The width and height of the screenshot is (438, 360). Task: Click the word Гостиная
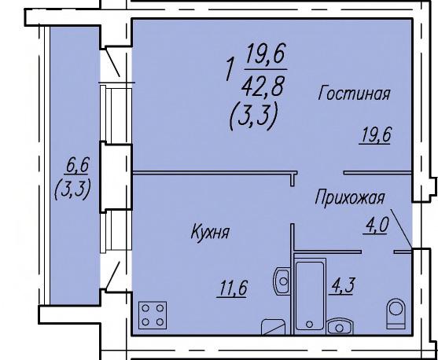pos(354,94)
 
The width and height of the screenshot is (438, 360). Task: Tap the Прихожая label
pos(350,198)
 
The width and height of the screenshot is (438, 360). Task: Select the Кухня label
pos(210,232)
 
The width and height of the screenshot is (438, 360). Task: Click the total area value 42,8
pos(263,86)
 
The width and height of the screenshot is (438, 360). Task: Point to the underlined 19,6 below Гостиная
pos(374,135)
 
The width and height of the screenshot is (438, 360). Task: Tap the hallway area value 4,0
pos(376,226)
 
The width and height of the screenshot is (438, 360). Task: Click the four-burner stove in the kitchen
pos(153,315)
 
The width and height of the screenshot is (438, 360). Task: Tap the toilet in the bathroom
pos(396,313)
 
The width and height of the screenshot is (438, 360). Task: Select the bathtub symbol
pos(310,295)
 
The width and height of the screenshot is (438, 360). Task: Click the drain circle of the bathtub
pos(309,324)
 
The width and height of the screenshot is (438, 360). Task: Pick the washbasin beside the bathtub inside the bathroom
pos(340,327)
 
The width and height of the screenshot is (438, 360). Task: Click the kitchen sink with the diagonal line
pos(273,327)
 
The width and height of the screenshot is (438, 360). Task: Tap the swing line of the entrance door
pos(401,228)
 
